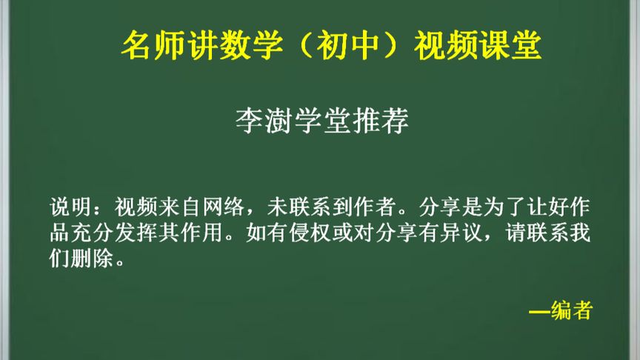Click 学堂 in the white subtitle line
321,121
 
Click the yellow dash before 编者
540,312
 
